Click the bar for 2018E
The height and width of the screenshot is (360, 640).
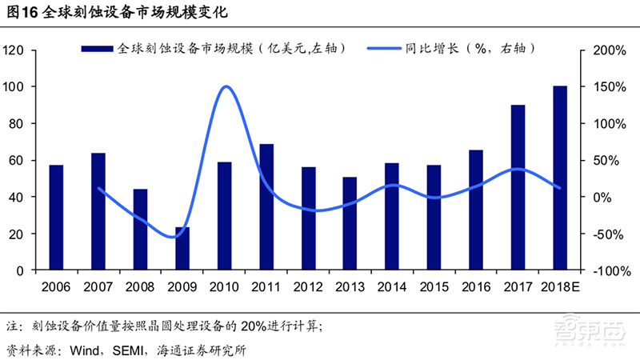coord(560,178)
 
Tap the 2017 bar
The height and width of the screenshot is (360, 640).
coord(518,187)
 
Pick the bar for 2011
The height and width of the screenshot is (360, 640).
coord(266,207)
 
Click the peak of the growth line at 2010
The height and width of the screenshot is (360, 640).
coord(225,86)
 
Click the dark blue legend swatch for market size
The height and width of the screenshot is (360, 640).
coord(97,50)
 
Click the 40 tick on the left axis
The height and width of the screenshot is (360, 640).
coord(20,197)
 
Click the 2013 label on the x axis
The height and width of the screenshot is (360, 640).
coord(350,286)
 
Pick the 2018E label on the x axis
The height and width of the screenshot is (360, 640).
coord(560,286)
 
